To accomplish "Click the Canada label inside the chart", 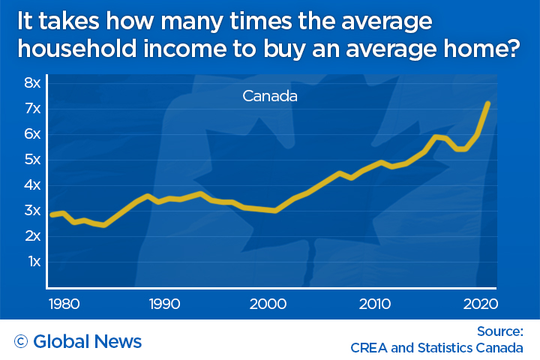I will point(270,97).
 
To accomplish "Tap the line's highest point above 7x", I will point(488,103).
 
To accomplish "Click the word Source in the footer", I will point(499,331).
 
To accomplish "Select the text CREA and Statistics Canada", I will point(436,348).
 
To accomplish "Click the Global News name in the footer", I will point(88,342).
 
